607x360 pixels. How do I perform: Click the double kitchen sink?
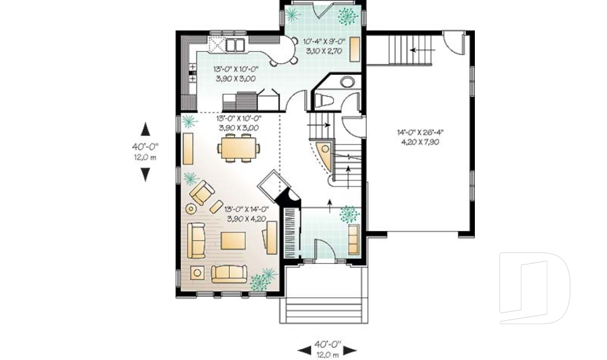(x=235, y=44)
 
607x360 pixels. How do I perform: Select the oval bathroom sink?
(x=348, y=82)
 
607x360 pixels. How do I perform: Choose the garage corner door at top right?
(x=453, y=42)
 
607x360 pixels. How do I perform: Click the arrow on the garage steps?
(x=415, y=49)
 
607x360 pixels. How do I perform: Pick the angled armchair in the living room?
(x=202, y=192)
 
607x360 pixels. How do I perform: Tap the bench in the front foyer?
(x=353, y=238)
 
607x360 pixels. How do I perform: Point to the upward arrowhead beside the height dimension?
(x=145, y=129)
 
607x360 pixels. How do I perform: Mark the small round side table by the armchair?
(x=190, y=208)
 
